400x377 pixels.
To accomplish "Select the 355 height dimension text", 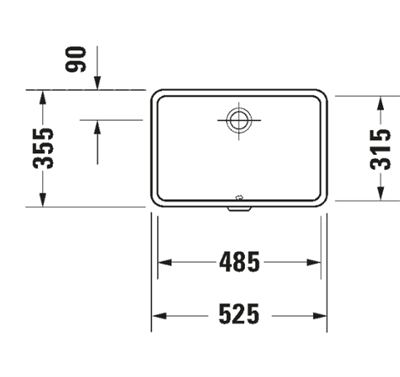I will click(x=43, y=148).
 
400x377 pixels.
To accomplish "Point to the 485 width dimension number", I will click(x=239, y=262).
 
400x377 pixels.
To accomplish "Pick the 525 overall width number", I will click(x=239, y=314).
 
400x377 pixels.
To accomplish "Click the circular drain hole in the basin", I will click(x=238, y=120).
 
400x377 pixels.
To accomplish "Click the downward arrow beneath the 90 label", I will click(x=98, y=86).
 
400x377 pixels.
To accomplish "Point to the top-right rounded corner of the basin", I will click(x=324, y=98).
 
